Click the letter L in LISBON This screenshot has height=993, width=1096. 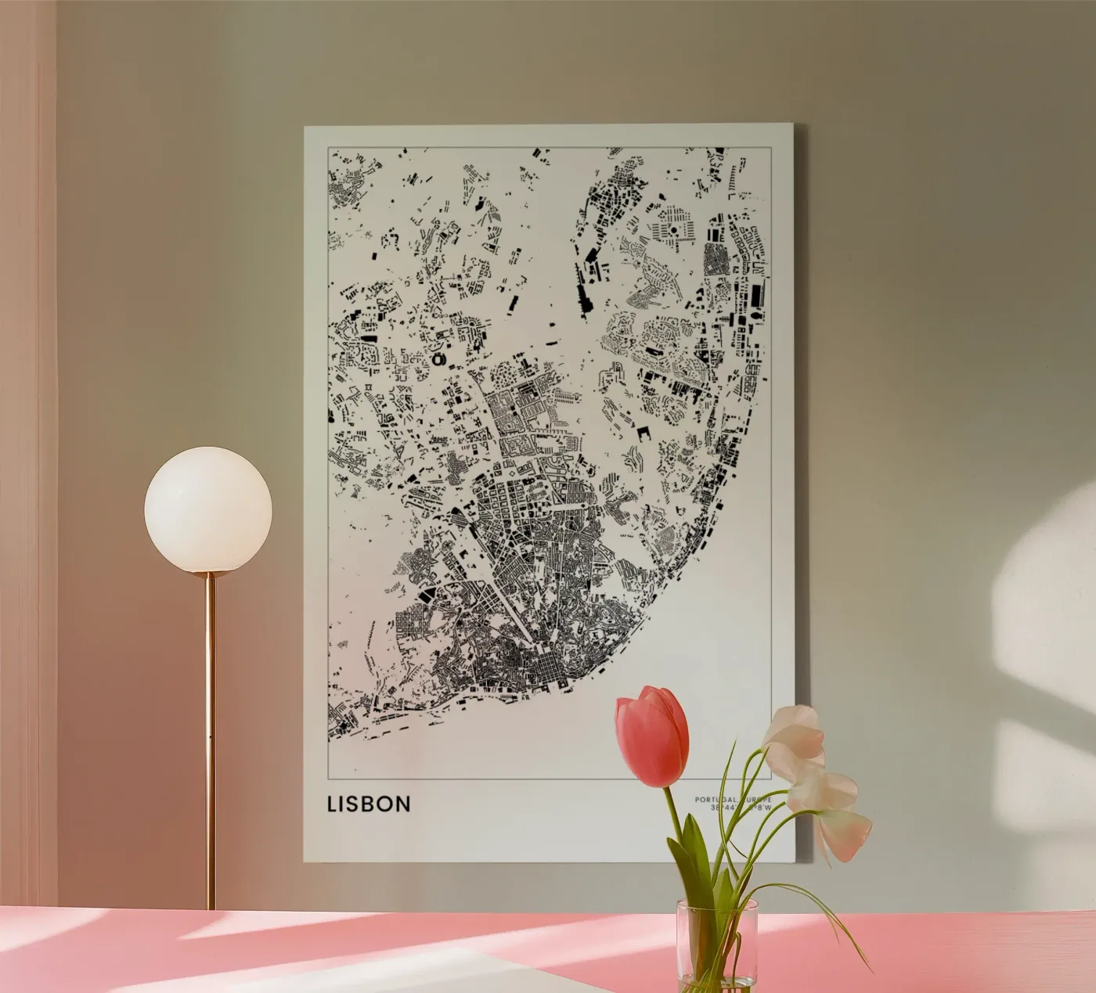(x=333, y=804)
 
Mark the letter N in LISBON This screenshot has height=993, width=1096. (x=404, y=804)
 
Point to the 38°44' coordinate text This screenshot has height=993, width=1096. (x=720, y=808)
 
